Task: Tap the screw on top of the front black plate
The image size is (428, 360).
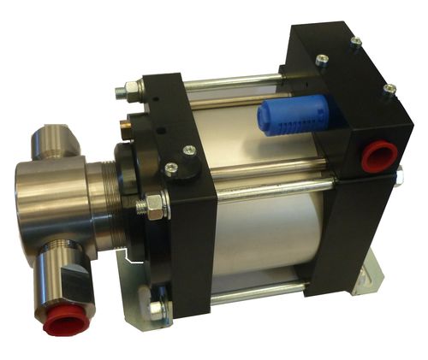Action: [187, 152]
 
